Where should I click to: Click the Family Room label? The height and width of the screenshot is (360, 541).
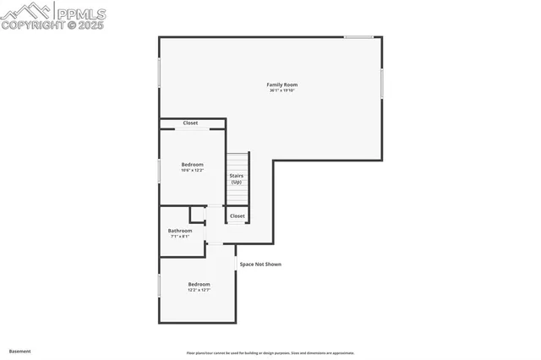click(282, 85)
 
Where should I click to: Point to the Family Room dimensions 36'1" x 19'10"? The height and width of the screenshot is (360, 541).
click(282, 90)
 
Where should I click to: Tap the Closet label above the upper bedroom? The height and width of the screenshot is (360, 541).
click(191, 123)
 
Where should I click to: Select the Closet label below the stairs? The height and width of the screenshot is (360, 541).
click(238, 216)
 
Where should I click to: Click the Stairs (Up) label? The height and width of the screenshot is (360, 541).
click(237, 178)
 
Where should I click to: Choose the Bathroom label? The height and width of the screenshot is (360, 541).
click(180, 231)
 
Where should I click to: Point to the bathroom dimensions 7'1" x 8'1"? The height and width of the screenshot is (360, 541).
click(180, 237)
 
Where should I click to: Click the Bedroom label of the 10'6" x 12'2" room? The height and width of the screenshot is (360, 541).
click(193, 164)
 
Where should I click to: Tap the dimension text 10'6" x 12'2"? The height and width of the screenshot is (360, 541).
click(193, 171)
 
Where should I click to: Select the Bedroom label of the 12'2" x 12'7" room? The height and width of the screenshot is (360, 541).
click(199, 284)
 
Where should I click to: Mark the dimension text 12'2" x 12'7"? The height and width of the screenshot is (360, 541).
click(199, 291)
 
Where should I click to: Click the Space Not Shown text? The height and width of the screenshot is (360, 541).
click(260, 265)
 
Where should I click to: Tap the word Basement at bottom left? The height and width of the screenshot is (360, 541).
click(19, 351)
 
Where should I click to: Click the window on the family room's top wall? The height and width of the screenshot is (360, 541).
click(358, 36)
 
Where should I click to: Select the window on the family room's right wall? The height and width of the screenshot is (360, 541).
click(382, 83)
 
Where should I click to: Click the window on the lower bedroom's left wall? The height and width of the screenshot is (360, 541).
click(159, 284)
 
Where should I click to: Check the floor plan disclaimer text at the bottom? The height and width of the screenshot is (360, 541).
click(270, 353)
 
